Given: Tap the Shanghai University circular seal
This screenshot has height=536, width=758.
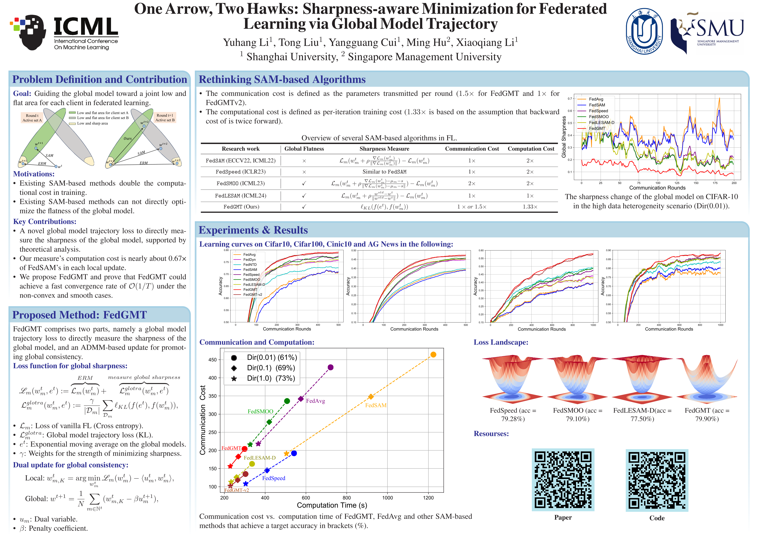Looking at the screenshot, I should [644, 32].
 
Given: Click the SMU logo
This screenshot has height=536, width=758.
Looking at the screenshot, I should [707, 32].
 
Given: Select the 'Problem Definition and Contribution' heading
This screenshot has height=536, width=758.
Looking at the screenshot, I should [99, 80].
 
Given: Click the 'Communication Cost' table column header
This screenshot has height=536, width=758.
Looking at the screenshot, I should [472, 149].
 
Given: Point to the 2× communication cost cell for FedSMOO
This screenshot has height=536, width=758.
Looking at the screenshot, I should [472, 183].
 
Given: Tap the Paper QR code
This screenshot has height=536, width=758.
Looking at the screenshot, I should [563, 480].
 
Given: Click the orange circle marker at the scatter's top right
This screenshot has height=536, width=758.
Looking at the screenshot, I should [433, 354].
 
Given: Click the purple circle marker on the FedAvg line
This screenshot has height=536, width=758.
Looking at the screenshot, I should [330, 367].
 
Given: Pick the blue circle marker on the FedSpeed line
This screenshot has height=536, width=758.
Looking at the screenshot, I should [294, 453].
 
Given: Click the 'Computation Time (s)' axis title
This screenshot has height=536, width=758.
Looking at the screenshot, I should [332, 505].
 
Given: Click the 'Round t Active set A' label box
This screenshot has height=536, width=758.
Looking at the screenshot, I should [32, 118].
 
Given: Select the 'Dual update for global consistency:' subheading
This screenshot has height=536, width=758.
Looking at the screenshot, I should [71, 465].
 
